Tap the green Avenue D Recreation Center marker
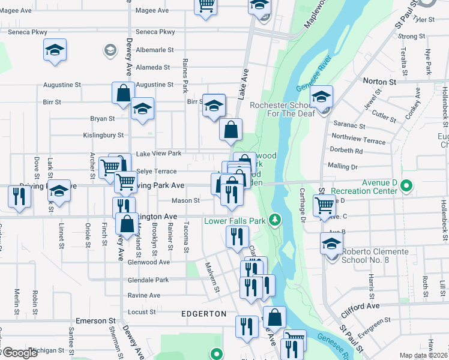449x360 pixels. pyautogui.click(x=406, y=187)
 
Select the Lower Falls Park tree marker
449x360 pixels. pyautogui.click(x=275, y=220)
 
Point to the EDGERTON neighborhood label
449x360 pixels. pyautogui.click(x=204, y=314)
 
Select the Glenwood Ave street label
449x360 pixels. pyautogui.click(x=149, y=262)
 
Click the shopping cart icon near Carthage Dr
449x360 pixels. pyautogui.click(x=324, y=205)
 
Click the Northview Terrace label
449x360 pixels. pyautogui.click(x=358, y=139)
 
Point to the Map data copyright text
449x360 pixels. pyautogui.click(x=424, y=355)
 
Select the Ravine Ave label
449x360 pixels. pyautogui.click(x=144, y=295)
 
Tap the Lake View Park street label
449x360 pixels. pyautogui.click(x=158, y=154)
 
